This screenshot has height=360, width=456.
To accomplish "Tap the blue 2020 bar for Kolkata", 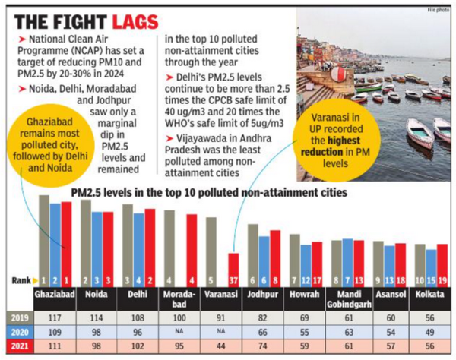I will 431,266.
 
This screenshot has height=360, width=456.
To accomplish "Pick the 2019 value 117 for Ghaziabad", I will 54,317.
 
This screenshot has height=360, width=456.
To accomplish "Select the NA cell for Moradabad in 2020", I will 179,331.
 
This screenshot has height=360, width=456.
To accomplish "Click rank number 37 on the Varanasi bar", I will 233,281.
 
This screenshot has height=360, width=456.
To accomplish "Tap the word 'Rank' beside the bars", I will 20,281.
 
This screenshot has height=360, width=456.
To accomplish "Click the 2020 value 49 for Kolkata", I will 430,331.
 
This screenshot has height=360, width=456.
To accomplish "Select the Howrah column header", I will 304,294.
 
